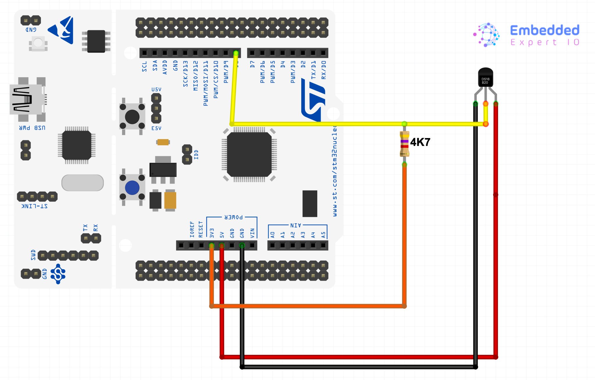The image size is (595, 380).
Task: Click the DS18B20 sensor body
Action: [x=485, y=77]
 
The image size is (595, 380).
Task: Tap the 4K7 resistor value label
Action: [x=420, y=142]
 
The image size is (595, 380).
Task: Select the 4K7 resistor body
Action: [x=404, y=144]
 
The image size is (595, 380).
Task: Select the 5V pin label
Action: [x=222, y=234]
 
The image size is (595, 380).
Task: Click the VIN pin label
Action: [x=252, y=233]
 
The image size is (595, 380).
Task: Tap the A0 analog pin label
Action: [x=273, y=234]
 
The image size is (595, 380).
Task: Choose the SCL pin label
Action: [x=144, y=66]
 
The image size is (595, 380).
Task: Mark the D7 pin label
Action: [x=252, y=64]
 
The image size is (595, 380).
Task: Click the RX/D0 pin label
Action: [x=323, y=70]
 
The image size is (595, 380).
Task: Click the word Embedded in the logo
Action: [x=544, y=30]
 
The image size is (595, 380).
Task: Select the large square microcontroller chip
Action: [x=249, y=154]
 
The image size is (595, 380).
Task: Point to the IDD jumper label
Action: [x=196, y=154]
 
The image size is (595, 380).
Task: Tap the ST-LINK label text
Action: [x=35, y=206]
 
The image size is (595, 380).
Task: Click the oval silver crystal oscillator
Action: [x=83, y=183]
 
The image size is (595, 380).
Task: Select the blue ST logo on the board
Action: [x=313, y=100]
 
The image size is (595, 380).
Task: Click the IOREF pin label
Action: [x=192, y=229]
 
